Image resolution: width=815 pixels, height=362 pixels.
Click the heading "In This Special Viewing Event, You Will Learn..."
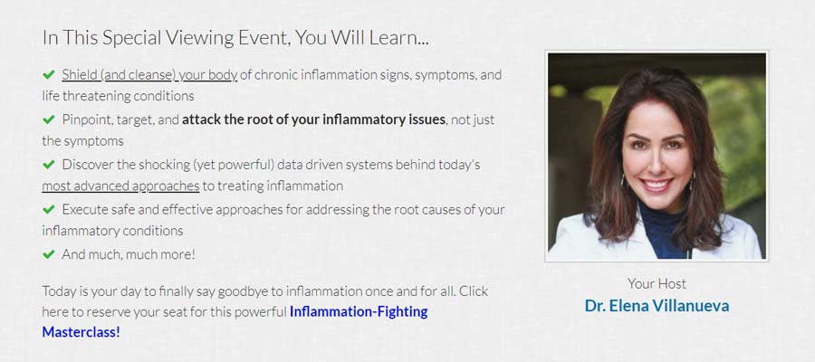click(x=235, y=38)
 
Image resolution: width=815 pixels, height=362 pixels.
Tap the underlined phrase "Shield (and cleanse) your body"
click(x=149, y=75)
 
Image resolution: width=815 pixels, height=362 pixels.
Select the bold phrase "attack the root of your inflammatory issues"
click(x=313, y=120)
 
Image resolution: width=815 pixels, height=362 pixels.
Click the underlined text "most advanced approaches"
click(x=120, y=186)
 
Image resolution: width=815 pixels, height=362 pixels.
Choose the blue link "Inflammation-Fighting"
click(x=359, y=312)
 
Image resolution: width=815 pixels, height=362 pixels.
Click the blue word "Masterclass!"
click(x=81, y=332)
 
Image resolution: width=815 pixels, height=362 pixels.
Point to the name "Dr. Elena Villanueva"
click(x=657, y=305)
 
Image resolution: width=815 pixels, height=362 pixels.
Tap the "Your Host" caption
click(x=657, y=283)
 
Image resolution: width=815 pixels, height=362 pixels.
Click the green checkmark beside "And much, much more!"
click(x=49, y=254)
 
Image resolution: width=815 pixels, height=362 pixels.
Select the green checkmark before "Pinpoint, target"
click(x=49, y=119)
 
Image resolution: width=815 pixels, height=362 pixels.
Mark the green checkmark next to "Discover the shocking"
click(x=49, y=165)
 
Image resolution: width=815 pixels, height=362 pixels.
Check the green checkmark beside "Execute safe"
click(x=49, y=209)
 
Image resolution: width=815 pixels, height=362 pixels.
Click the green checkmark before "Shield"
click(x=49, y=75)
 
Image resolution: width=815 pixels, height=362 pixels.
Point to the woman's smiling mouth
click(x=657, y=185)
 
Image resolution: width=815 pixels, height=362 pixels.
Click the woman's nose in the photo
click(x=656, y=164)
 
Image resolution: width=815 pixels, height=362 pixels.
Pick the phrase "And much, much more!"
click(x=129, y=255)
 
